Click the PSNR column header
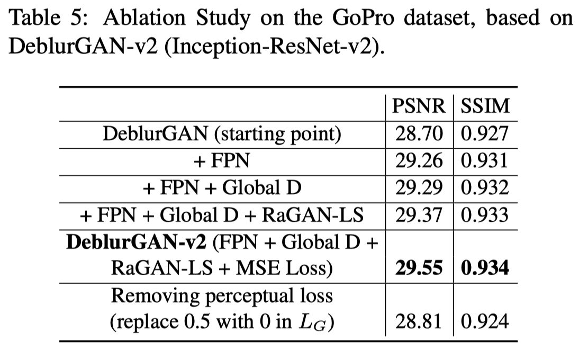419,106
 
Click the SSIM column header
485,106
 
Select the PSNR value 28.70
419,133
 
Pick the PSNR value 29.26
419,160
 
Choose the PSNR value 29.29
419,188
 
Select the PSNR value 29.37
419,215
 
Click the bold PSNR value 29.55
419,268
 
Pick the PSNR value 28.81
419,322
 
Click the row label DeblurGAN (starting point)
222,133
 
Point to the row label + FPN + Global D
222,188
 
